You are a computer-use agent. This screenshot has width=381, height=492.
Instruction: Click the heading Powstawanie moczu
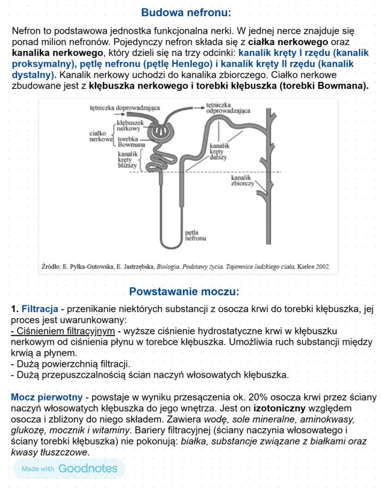coord(184,291)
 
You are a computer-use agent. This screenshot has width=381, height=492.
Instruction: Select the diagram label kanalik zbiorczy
coord(242,180)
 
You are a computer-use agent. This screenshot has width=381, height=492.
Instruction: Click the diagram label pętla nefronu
coord(195,236)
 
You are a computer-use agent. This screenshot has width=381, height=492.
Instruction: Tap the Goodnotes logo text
coord(87,469)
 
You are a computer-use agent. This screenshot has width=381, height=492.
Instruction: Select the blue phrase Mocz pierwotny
coord(47,397)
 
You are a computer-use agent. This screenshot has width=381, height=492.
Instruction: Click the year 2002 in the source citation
coord(321,266)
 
